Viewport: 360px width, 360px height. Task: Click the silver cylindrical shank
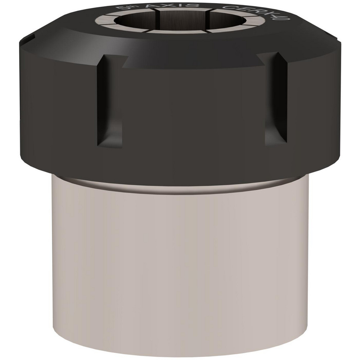[x=180, y=259]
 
